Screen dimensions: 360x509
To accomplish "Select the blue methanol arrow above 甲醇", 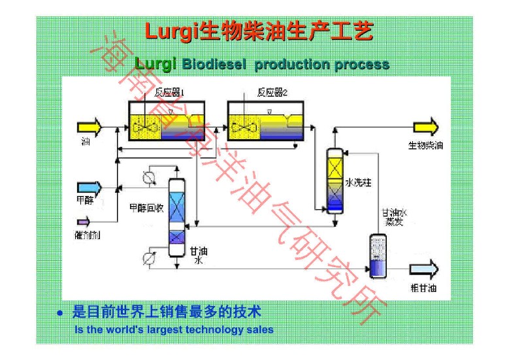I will [90, 188].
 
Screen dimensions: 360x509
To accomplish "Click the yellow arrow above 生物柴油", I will [425, 127].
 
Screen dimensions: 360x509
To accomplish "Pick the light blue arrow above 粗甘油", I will [424, 269].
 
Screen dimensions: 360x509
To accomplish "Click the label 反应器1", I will [169, 93].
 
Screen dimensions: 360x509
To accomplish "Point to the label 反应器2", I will [272, 93].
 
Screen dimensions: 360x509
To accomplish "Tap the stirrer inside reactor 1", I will [146, 127].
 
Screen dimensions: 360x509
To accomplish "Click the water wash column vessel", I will [335, 180].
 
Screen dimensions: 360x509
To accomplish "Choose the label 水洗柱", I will [358, 182].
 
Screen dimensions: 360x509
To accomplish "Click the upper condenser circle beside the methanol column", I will [148, 177].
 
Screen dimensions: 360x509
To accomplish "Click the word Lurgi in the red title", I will [169, 31].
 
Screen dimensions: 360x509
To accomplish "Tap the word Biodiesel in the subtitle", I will [216, 65].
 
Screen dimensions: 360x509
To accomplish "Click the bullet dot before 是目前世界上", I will [60, 314].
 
